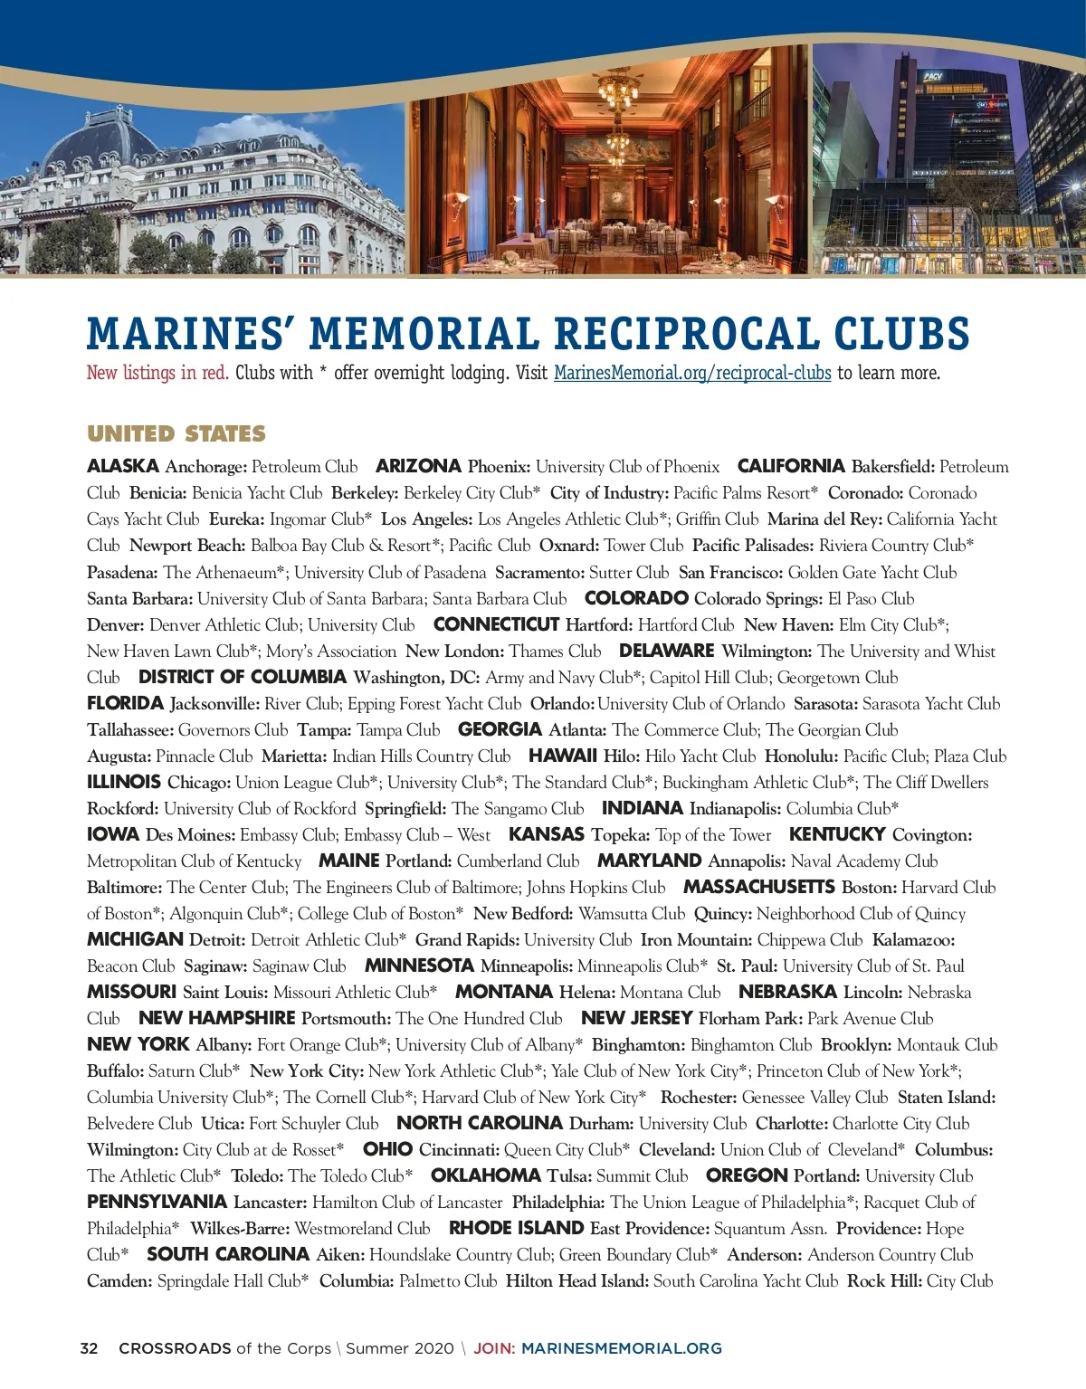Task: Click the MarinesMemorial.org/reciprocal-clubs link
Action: [x=692, y=373]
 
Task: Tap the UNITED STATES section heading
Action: [x=176, y=434]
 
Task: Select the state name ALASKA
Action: [x=123, y=467]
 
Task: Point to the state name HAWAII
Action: [x=562, y=756]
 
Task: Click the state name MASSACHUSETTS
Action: [x=758, y=887]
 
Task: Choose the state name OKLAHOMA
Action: [x=485, y=1175]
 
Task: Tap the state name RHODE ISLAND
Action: [x=516, y=1228]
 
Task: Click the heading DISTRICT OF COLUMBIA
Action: [x=243, y=677]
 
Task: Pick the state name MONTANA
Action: [x=504, y=992]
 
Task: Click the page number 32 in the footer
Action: [x=89, y=1348]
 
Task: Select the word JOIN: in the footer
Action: [x=494, y=1348]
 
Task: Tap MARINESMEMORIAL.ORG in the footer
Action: [x=622, y=1348]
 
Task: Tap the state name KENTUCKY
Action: [x=836, y=834]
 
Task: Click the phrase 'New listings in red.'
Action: [x=157, y=373]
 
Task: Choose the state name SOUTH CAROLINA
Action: [x=228, y=1254]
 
